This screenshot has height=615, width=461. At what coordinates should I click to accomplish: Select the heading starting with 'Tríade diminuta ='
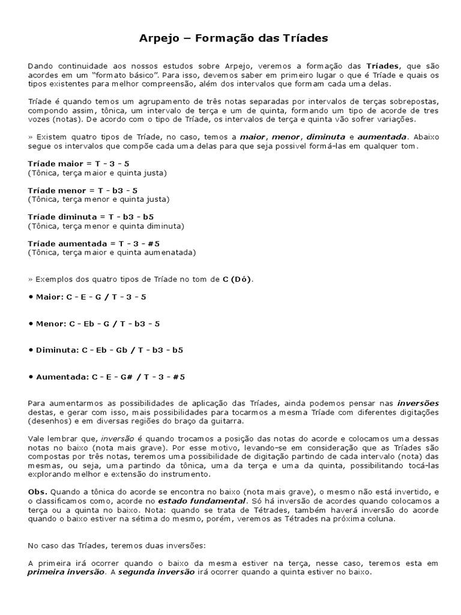91,216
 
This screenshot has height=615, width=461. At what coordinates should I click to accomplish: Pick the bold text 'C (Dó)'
238,279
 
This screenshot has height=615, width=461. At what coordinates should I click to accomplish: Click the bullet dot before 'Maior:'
31,297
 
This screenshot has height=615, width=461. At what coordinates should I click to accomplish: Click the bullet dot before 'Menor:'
31,324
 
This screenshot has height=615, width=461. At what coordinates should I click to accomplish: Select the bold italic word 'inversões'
418,403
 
